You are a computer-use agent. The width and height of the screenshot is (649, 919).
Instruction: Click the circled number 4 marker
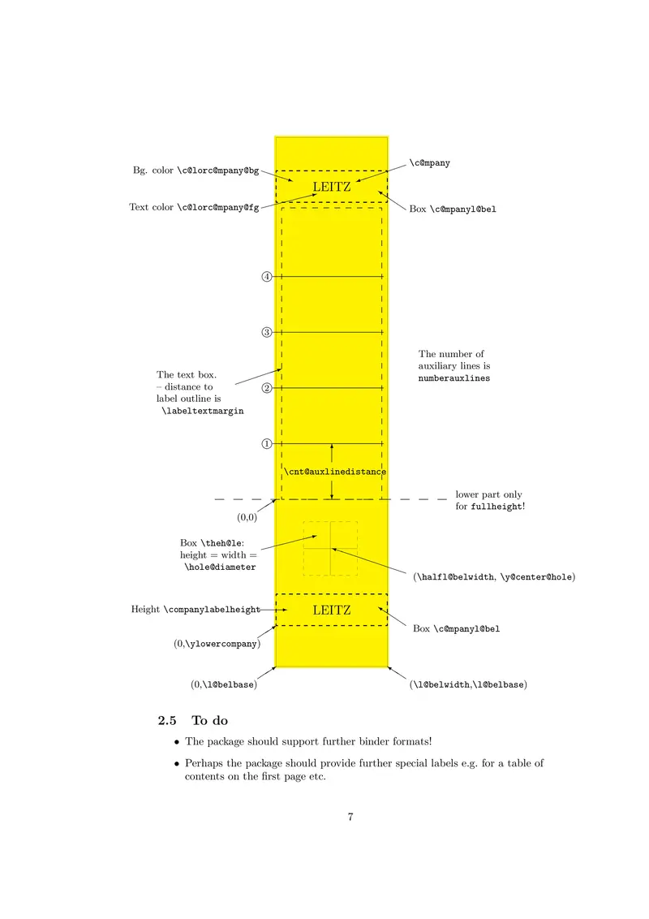pos(266,277)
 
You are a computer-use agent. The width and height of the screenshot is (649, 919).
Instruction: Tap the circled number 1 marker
pos(266,444)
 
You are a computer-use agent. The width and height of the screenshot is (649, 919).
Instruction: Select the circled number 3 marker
pos(266,332)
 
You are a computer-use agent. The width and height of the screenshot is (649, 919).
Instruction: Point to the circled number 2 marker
pos(266,388)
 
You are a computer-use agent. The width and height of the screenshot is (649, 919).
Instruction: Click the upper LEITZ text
pos(332,188)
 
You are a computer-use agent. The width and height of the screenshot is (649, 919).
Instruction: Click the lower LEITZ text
pos(332,610)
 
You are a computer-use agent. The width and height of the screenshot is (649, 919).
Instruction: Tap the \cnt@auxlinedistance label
pos(334,472)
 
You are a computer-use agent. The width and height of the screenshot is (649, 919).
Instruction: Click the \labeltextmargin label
pos(203,412)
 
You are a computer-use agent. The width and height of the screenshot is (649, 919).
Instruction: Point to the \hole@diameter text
pos(220,567)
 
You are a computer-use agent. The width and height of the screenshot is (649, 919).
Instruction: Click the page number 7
pos(350,817)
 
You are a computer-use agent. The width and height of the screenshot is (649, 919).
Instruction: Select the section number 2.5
pos(166,720)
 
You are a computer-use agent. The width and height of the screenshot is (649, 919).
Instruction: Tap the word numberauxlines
pos(454,378)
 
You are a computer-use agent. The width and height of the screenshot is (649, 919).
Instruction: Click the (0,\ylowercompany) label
pos(217,644)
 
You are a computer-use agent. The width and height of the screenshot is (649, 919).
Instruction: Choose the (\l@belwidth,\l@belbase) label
pos(469,685)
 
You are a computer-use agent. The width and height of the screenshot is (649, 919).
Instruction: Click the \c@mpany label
pos(430,163)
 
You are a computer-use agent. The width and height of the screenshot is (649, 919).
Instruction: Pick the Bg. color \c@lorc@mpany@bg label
pos(196,170)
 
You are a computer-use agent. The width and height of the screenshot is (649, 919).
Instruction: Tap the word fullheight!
pos(498,507)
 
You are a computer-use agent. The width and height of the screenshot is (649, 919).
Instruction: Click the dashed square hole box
pos(331,549)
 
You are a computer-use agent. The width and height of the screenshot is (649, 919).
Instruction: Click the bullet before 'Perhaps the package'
pos(177,763)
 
